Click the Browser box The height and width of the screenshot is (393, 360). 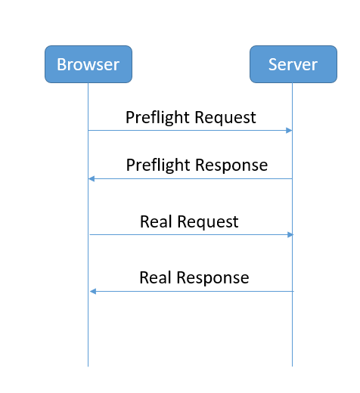click(88, 64)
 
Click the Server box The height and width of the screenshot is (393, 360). click(293, 64)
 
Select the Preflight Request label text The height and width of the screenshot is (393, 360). click(191, 117)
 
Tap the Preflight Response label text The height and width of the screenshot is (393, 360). click(197, 165)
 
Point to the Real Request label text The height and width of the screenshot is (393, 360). click(189, 221)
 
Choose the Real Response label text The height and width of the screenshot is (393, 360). click(194, 277)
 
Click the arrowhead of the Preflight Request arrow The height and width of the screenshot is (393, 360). click(289, 131)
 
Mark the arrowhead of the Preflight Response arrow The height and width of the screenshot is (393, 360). click(92, 178)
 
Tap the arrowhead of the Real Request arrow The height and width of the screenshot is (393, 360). click(289, 234)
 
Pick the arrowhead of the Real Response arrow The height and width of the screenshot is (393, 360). click(92, 291)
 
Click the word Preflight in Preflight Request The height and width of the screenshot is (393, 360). click(157, 117)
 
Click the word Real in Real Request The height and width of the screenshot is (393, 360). click(156, 221)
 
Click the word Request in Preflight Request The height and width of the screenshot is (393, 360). click(225, 117)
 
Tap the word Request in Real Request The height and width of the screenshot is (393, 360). click(207, 221)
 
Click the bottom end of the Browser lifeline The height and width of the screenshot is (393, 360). click(88, 366)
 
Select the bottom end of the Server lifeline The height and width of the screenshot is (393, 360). click(293, 366)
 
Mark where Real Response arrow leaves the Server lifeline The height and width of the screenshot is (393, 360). click(293, 291)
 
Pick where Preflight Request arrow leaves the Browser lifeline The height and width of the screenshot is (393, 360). click(88, 131)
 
